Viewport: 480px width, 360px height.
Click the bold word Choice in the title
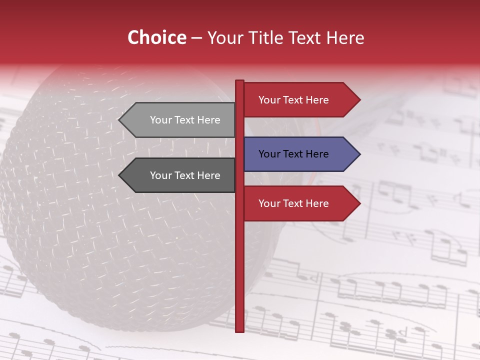156,37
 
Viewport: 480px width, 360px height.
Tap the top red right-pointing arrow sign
300,100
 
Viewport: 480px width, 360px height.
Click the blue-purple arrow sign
300,154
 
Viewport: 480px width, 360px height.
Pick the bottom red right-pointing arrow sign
300,203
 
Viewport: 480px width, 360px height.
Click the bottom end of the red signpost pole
239,330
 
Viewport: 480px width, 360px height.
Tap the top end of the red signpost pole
239,82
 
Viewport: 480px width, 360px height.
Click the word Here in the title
345,37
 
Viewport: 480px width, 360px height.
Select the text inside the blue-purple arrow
293,154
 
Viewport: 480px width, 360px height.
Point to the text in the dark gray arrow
185,175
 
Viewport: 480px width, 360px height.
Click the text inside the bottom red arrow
293,203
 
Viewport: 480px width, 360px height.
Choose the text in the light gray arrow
185,120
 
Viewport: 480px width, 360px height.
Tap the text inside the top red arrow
293,100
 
